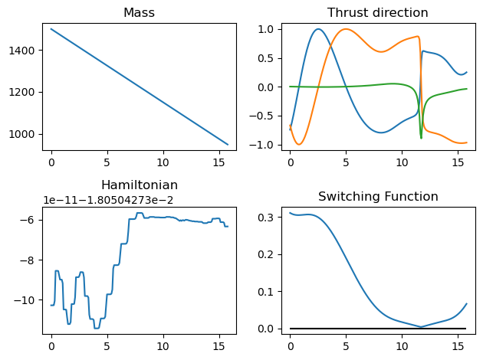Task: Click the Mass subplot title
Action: (140, 13)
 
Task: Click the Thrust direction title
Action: (378, 13)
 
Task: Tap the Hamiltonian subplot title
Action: (140, 185)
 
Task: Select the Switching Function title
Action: (378, 197)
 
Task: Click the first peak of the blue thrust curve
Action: (318, 29)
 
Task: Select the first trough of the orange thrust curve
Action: (300, 144)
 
